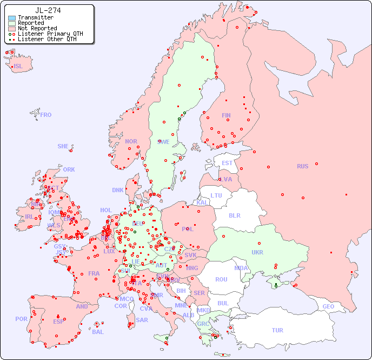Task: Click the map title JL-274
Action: (x=48, y=10)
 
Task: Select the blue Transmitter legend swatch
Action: (x=12, y=18)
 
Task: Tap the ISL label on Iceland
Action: (x=18, y=67)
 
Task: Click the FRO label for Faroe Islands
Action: (x=46, y=115)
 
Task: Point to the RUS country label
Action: (x=302, y=166)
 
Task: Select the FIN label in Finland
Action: (x=226, y=115)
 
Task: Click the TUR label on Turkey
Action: (x=277, y=330)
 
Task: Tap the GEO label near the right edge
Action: (x=328, y=306)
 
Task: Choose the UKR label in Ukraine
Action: (x=257, y=252)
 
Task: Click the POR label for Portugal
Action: (x=21, y=319)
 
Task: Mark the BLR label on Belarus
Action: (x=234, y=215)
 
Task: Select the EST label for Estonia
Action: (x=227, y=163)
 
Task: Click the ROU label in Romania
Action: (x=221, y=279)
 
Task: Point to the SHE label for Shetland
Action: (x=63, y=146)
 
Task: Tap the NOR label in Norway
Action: (x=131, y=141)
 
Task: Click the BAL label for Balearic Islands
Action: (x=98, y=332)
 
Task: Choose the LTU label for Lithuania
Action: (x=216, y=195)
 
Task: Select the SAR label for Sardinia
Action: (x=142, y=320)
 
